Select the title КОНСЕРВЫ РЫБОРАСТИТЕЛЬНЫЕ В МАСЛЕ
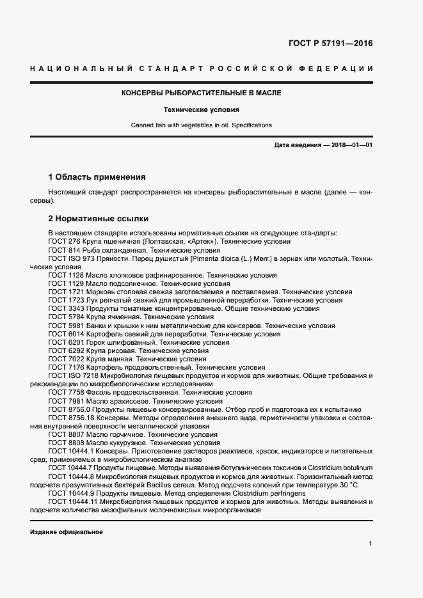(202, 93)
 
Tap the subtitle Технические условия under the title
(202, 109)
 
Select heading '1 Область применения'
(97, 177)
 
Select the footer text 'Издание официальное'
(67, 532)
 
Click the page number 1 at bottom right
(371, 544)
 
